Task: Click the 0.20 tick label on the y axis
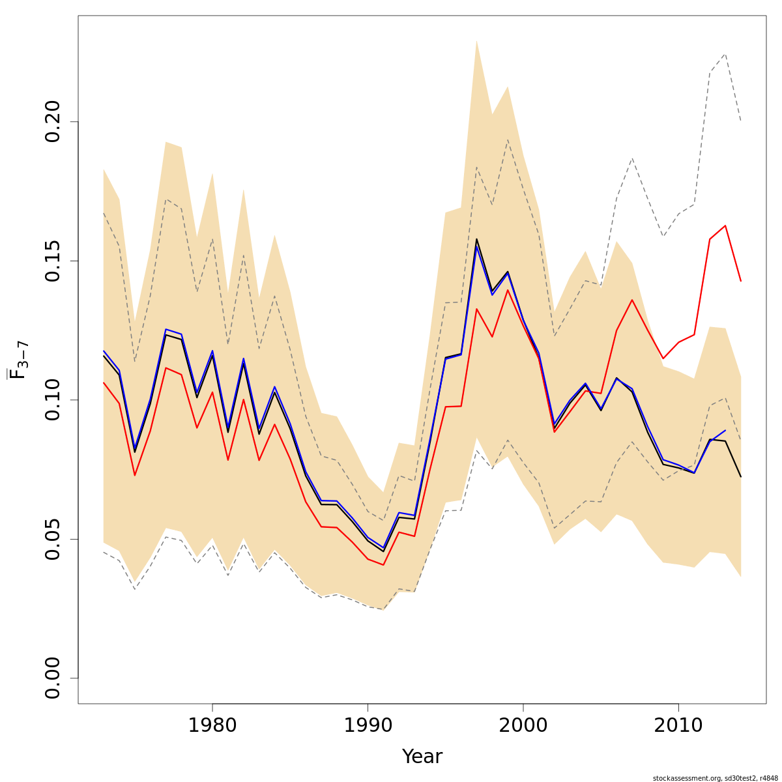pos(52,122)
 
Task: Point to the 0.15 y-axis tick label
pos(52,261)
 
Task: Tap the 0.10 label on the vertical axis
pos(52,399)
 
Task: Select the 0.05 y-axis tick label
pos(52,539)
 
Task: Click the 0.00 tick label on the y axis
pos(52,678)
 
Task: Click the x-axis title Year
pos(422,757)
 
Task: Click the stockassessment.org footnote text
pos(715,777)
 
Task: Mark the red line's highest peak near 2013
pos(725,225)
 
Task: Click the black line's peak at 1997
pos(476,239)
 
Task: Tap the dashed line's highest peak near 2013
pos(725,53)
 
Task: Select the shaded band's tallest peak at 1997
pos(476,40)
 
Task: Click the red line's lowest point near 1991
pos(383,564)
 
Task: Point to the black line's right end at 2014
pos(741,476)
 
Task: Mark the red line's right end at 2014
pos(741,281)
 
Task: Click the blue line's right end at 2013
pos(725,430)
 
